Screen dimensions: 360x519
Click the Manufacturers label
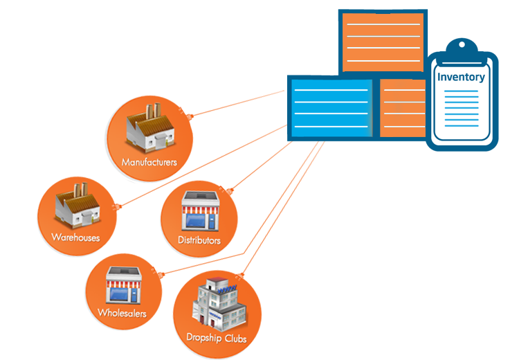click(149, 163)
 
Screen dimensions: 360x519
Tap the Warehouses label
click(75, 237)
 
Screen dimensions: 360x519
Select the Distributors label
click(199, 241)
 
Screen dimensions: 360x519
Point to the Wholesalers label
click(122, 313)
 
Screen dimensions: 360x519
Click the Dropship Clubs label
click(216, 339)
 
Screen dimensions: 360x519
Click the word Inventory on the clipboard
click(461, 77)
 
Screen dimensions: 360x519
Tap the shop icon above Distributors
click(200, 212)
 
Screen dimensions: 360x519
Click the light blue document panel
click(331, 107)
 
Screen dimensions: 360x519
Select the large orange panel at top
click(383, 42)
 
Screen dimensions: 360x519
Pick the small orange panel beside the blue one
click(403, 107)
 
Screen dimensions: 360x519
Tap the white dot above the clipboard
click(462, 45)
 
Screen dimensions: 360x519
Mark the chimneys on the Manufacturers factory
click(152, 111)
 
